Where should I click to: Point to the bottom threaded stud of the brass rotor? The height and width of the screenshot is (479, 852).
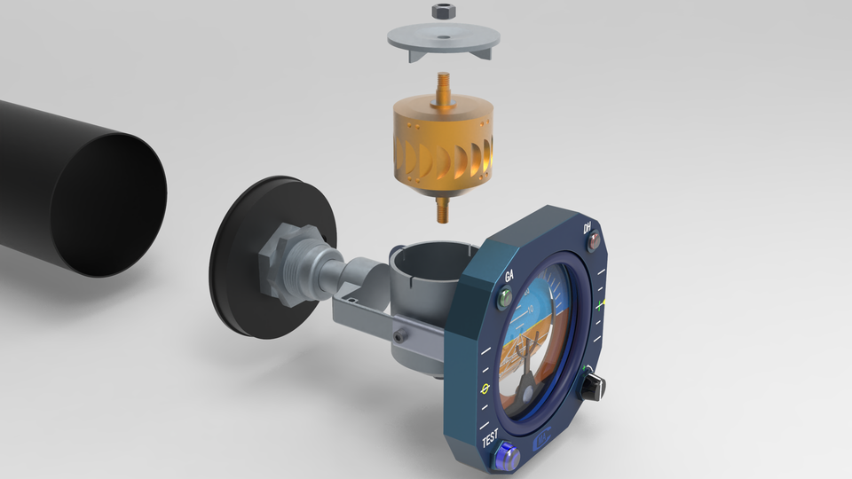[x=441, y=209]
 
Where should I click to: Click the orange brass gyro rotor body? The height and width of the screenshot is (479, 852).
[x=441, y=146]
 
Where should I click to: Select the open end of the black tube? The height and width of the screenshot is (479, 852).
[x=108, y=204]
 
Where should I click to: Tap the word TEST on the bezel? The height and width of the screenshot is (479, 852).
[x=491, y=439]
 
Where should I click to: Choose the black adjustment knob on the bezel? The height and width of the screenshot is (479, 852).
[x=592, y=386]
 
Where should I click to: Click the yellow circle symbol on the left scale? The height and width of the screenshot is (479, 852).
[x=485, y=389]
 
